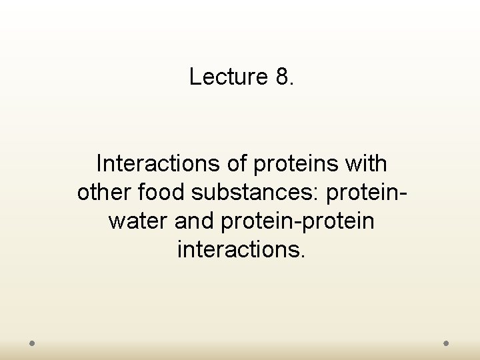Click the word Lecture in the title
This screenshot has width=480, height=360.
[x=228, y=77]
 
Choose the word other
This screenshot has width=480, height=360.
[x=105, y=192]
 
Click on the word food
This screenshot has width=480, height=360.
[x=161, y=192]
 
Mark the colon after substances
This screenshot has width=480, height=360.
[x=321, y=193]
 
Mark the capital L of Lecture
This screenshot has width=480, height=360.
[x=195, y=77]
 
